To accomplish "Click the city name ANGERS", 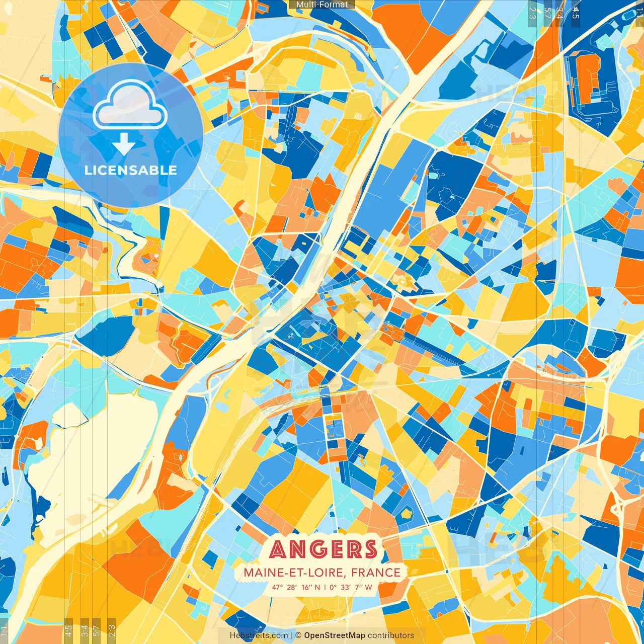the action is pyautogui.click(x=323, y=549).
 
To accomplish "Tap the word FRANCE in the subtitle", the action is pyautogui.click(x=376, y=573).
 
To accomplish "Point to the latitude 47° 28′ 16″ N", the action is pyautogui.click(x=296, y=587).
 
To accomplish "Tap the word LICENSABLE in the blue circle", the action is pyautogui.click(x=131, y=170).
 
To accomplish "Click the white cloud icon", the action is pyautogui.click(x=130, y=106).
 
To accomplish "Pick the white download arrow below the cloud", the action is pyautogui.click(x=123, y=144).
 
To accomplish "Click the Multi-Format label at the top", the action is pyautogui.click(x=322, y=5).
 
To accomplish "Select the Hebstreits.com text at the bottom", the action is pyautogui.click(x=259, y=635).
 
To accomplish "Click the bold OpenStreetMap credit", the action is pyautogui.click(x=335, y=635).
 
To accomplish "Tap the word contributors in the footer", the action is pyautogui.click(x=391, y=635).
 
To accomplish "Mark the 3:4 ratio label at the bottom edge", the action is pyautogui.click(x=85, y=630).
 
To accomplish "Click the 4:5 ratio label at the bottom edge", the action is pyautogui.click(x=69, y=630).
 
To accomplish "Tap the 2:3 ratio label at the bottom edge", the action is pyautogui.click(x=112, y=630).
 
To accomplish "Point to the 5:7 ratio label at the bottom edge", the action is pyautogui.click(x=97, y=630).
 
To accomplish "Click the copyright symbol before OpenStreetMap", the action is pyautogui.click(x=298, y=635).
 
